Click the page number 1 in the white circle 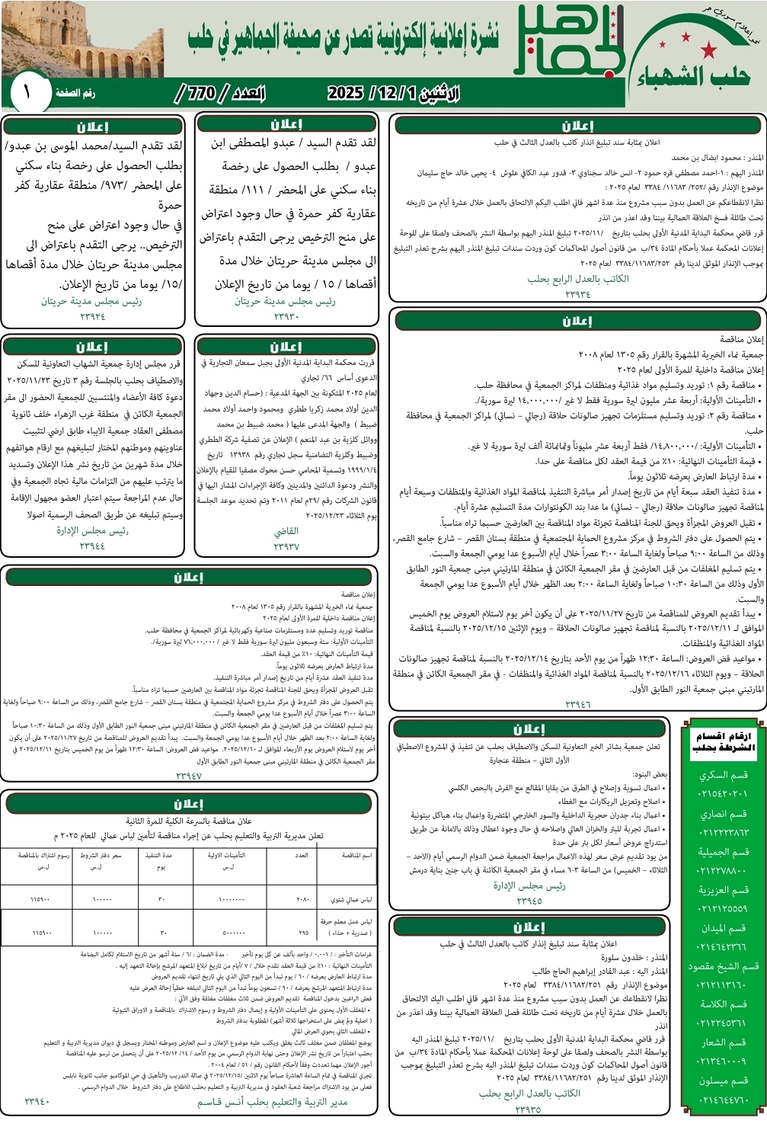pyautogui.click(x=27, y=93)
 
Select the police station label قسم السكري pyautogui.click(x=724, y=775)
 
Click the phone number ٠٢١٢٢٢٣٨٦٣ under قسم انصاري pyautogui.click(x=723, y=832)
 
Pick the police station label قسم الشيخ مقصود pyautogui.click(x=723, y=966)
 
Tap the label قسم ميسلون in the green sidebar pyautogui.click(x=724, y=1081)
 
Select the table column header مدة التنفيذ pyautogui.click(x=159, y=855)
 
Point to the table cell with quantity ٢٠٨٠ pyautogui.click(x=302, y=899)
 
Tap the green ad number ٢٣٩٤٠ pyautogui.click(x=37, y=1101)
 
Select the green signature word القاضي pyautogui.click(x=286, y=532)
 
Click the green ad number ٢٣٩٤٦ pyautogui.click(x=577, y=705)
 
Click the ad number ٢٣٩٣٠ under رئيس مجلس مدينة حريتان pyautogui.click(x=286, y=315)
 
